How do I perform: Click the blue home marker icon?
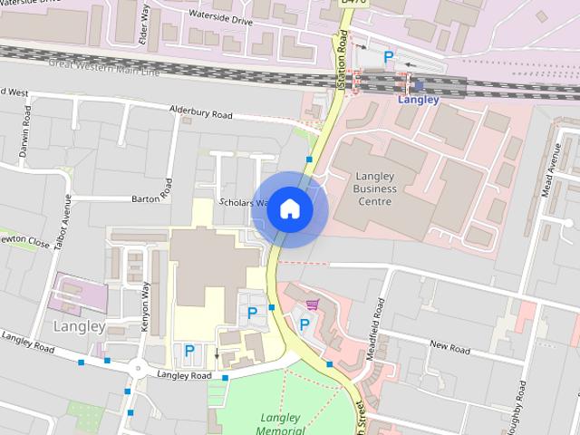[289, 208]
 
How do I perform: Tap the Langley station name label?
[418, 100]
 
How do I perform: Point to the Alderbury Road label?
[201, 114]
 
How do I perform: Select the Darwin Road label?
[26, 133]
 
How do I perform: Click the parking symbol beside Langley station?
[388, 57]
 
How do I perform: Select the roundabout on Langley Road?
[138, 368]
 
